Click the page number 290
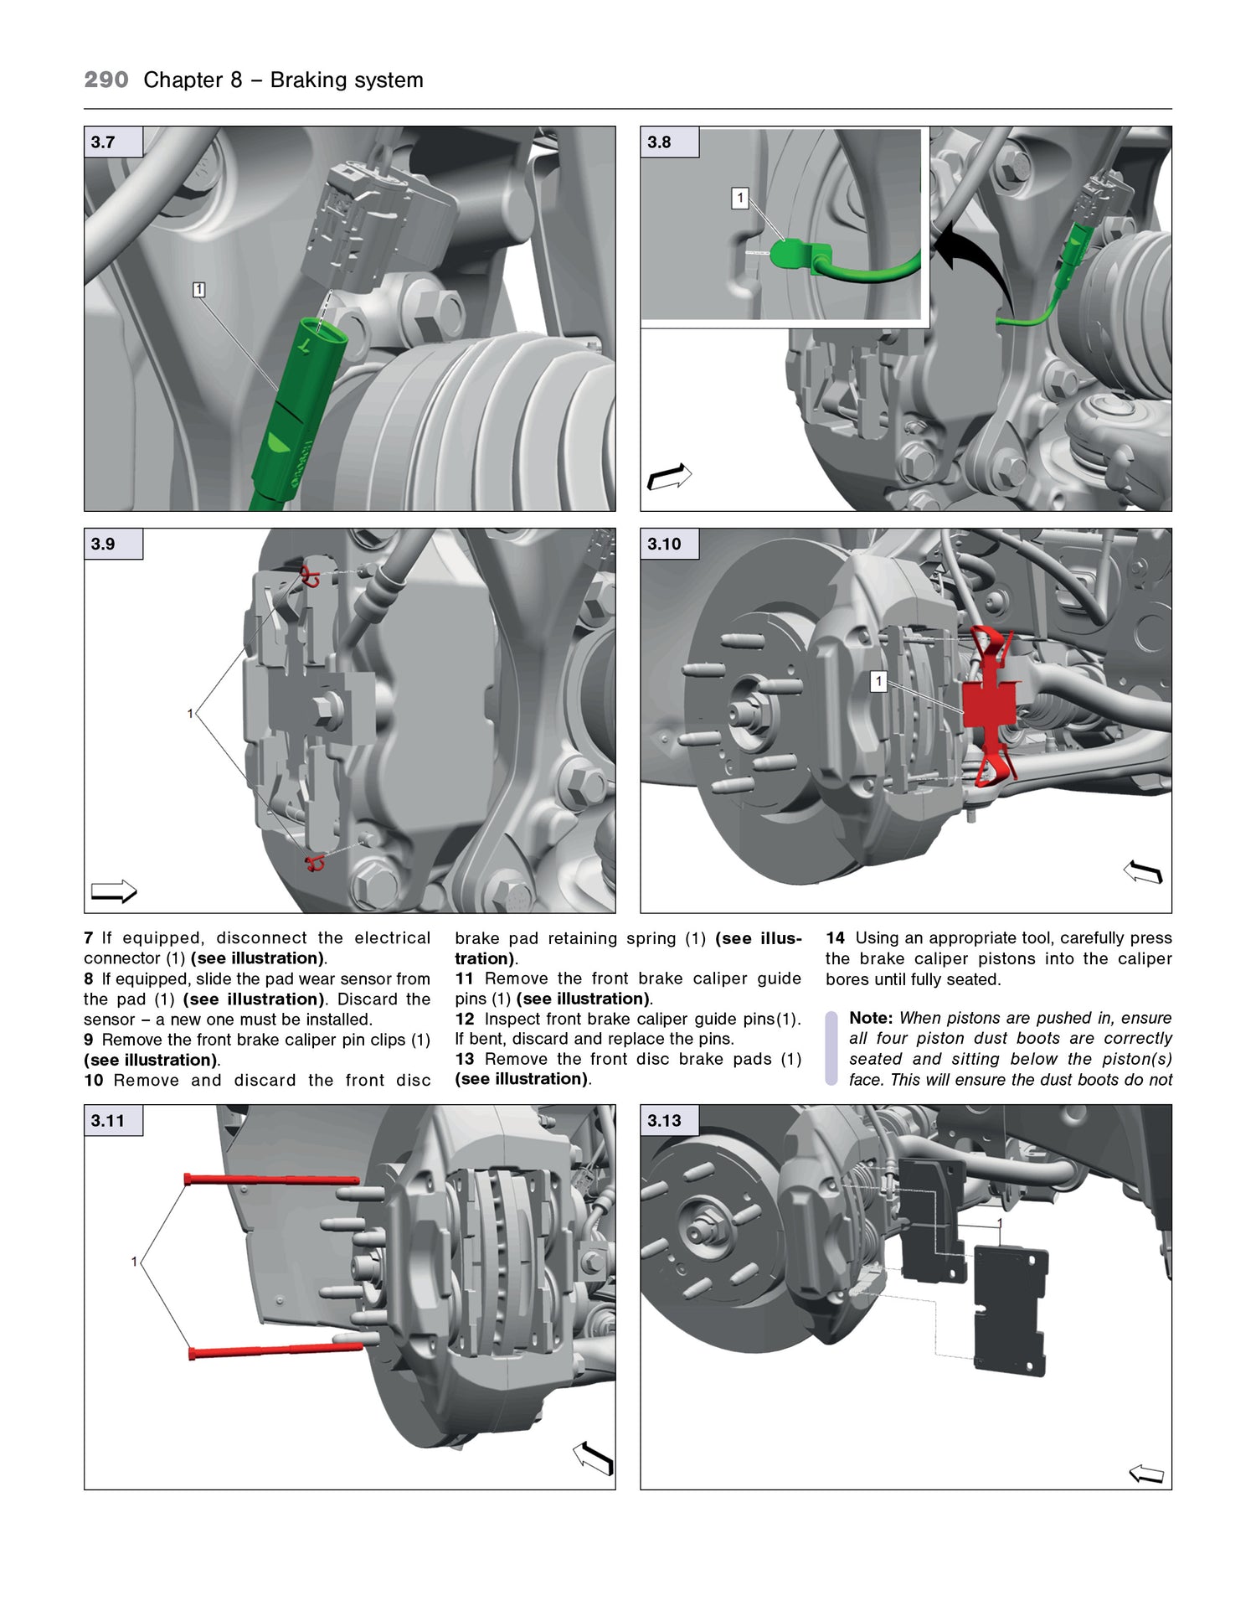106,80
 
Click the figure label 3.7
104,142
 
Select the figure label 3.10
665,545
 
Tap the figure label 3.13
665,1121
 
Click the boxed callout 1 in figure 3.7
198,290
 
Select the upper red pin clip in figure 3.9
310,576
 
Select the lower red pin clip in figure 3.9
315,863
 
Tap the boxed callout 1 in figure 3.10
878,682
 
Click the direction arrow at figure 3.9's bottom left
114,891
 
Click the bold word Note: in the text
871,1018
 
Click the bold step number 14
835,938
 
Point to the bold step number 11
465,978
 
